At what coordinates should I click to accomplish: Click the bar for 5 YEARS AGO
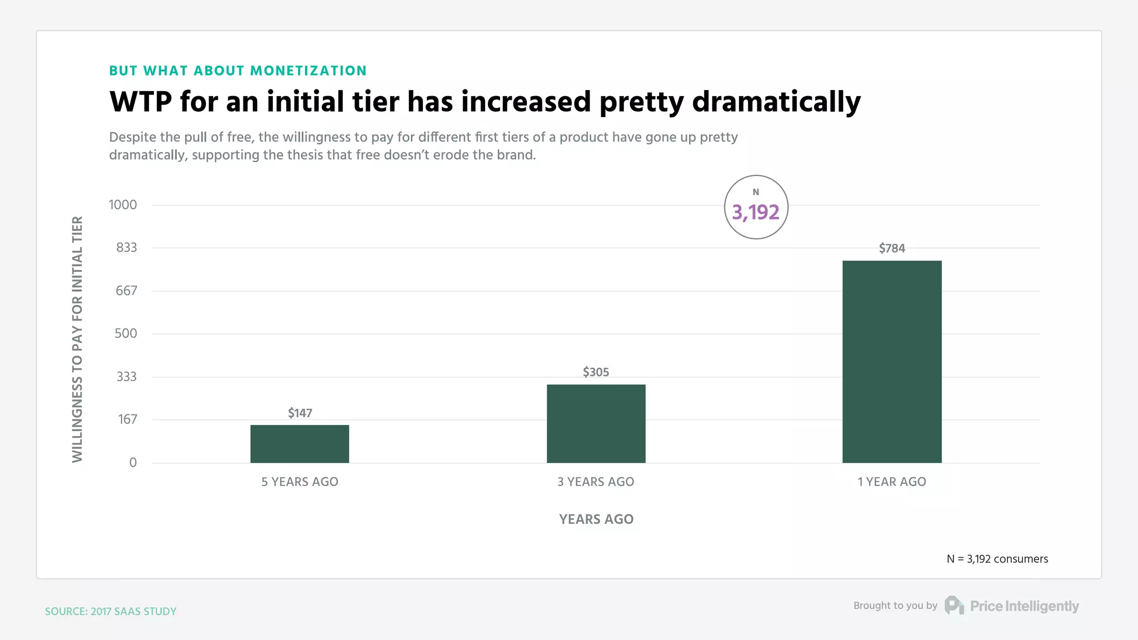pyautogui.click(x=300, y=444)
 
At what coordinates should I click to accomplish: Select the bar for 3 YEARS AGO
pyautogui.click(x=596, y=423)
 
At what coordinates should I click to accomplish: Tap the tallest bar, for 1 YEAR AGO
pyautogui.click(x=892, y=362)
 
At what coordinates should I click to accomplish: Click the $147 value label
pyautogui.click(x=300, y=413)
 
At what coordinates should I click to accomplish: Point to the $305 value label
pyautogui.click(x=596, y=372)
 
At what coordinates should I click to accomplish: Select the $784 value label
pyautogui.click(x=892, y=248)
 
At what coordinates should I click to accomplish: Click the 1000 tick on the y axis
pyautogui.click(x=123, y=205)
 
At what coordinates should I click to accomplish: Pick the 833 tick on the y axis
pyautogui.click(x=126, y=248)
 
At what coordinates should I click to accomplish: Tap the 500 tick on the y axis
pyautogui.click(x=126, y=333)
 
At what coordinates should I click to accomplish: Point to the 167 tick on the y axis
pyautogui.click(x=127, y=419)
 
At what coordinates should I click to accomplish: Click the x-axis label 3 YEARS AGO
pyautogui.click(x=596, y=482)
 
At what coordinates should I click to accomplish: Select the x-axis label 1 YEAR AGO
pyautogui.click(x=892, y=482)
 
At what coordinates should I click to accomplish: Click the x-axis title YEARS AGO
pyautogui.click(x=596, y=519)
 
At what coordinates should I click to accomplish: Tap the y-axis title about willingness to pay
pyautogui.click(x=77, y=339)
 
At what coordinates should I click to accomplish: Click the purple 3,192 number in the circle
pyautogui.click(x=756, y=212)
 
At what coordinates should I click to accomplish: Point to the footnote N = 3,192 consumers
pyautogui.click(x=997, y=559)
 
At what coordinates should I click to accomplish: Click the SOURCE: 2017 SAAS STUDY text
pyautogui.click(x=111, y=611)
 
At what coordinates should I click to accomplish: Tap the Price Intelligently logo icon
pyautogui.click(x=954, y=606)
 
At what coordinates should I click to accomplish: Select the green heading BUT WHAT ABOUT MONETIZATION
pyautogui.click(x=238, y=71)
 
